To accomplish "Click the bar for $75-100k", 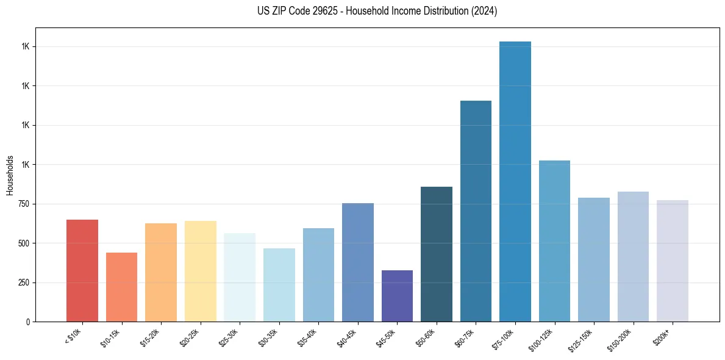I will [515, 181].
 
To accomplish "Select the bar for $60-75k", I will [476, 211].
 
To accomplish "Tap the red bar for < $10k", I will [82, 270].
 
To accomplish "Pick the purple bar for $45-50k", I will [397, 296].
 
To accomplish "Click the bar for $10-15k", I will [121, 287].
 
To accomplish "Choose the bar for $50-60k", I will [437, 254].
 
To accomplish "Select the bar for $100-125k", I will [554, 241].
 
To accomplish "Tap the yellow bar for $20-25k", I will [201, 271].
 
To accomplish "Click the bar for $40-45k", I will [358, 262].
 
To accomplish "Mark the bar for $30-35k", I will [279, 285].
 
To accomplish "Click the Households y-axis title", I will [10, 175].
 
